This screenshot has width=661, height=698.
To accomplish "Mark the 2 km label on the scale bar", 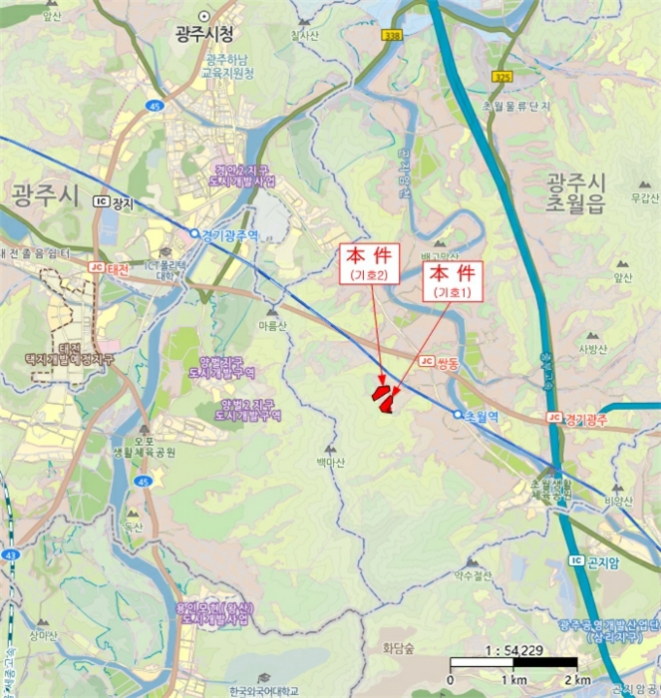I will [x=576, y=680].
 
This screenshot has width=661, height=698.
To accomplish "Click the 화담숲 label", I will [x=398, y=648].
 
